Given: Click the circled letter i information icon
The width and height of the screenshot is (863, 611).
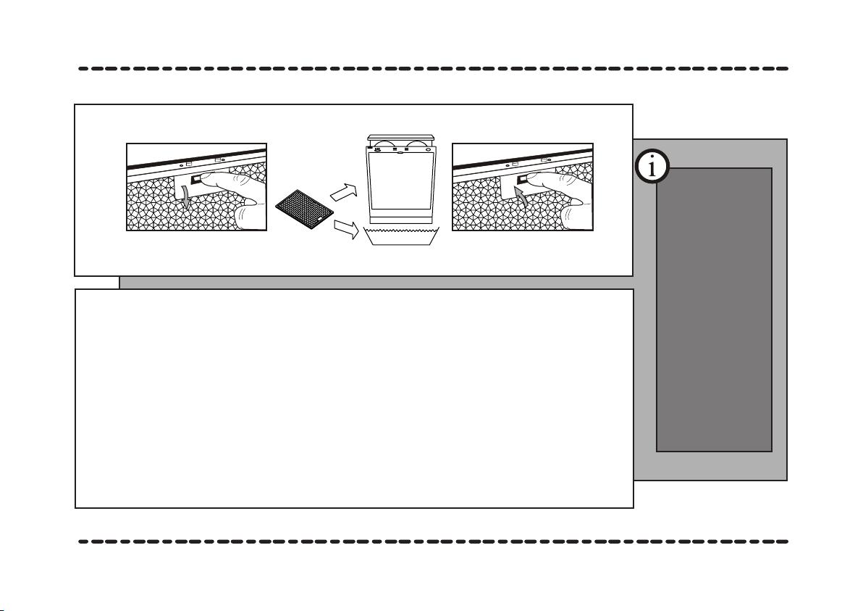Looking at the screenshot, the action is (x=652, y=167).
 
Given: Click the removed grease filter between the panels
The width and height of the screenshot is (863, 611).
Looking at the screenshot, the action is (x=304, y=210).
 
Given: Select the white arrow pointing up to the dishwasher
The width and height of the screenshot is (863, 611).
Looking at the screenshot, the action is (x=344, y=192).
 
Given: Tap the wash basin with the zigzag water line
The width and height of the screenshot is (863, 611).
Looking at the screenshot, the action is (x=401, y=236).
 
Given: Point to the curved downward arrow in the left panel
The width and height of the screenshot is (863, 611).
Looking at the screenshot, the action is (x=187, y=196).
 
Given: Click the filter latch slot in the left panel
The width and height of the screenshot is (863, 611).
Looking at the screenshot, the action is (x=195, y=180).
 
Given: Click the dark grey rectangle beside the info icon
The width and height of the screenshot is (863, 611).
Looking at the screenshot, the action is (x=714, y=309).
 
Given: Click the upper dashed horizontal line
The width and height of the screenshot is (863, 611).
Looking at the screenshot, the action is (x=433, y=69).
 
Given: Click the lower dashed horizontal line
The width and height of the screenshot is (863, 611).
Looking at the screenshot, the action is (x=433, y=541).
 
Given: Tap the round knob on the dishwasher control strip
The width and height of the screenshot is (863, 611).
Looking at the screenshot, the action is (x=429, y=149).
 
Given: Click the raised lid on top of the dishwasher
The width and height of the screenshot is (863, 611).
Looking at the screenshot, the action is (x=401, y=138).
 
